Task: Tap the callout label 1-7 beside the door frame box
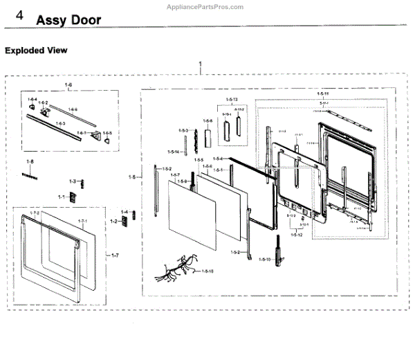click(x=115, y=255)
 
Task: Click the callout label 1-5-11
click(x=322, y=93)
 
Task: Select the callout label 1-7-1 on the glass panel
click(x=82, y=221)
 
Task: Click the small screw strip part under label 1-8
click(x=30, y=175)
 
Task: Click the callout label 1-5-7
click(x=175, y=174)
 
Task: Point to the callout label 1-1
click(x=61, y=197)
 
